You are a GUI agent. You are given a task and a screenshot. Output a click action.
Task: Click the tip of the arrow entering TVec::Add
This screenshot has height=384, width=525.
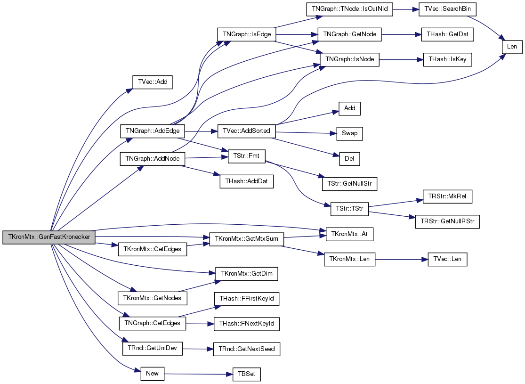pos(133,89)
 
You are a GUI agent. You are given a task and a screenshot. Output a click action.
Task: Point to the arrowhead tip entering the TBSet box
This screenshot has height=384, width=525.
pos(233,374)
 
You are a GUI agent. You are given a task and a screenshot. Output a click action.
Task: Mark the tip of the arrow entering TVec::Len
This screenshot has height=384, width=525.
pos(428,259)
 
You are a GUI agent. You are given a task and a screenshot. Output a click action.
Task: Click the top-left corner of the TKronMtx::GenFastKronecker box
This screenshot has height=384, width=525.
pos(3,231)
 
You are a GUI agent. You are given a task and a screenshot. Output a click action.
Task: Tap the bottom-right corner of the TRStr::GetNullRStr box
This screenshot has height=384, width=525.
pos(479,229)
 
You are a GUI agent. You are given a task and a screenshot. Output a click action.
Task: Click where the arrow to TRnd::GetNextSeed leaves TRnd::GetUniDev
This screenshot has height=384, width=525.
pos(183,349)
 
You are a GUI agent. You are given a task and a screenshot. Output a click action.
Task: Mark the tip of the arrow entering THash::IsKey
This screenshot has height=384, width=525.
pos(424,60)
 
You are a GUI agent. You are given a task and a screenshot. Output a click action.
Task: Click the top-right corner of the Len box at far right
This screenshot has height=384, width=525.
pos(522,40)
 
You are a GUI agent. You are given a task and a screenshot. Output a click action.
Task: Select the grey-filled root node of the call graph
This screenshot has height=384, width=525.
pos(49,237)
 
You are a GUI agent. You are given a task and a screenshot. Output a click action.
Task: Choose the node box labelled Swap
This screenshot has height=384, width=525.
pos(349,133)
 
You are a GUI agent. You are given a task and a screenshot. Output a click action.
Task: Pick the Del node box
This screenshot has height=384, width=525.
pos(349,158)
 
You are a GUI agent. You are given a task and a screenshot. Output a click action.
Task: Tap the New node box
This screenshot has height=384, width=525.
pos(153,374)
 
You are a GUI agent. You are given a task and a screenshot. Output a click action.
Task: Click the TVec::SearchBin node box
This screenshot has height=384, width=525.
pos(447,9)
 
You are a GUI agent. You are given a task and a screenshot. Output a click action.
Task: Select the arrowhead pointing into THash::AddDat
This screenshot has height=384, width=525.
pos(220,175)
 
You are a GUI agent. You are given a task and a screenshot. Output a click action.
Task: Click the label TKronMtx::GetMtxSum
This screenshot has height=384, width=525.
pos(246,239)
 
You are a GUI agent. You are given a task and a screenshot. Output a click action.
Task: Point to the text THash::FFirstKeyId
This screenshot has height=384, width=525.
pos(247,299)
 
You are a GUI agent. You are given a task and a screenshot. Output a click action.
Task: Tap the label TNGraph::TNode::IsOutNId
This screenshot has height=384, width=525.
pos(349,9)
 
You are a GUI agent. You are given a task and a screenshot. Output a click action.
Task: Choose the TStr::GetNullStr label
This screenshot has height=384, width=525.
pos(349,184)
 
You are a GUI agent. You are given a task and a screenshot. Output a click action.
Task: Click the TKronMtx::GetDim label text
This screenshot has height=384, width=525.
pos(247,274)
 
